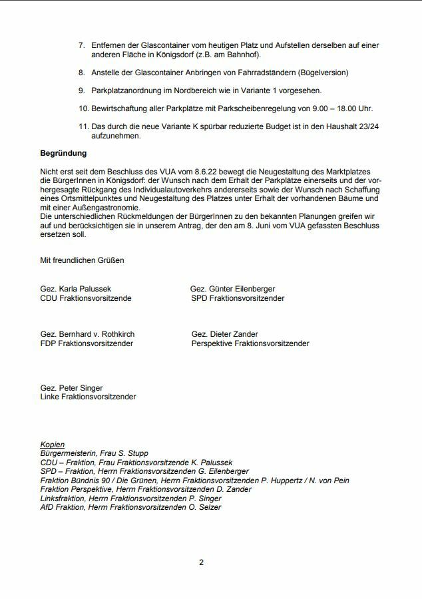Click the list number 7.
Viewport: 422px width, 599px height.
(x=81, y=45)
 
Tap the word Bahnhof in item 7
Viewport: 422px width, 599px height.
(x=242, y=55)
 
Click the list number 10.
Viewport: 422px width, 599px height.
(x=83, y=108)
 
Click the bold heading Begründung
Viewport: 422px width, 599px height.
(x=64, y=153)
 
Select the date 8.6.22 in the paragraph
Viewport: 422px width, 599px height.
(x=184, y=172)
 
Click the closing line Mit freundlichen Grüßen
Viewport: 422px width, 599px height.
(x=82, y=260)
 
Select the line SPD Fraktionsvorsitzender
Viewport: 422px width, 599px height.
(x=238, y=298)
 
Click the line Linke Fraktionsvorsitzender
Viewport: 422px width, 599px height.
(x=88, y=397)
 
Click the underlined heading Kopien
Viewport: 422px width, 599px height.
(x=53, y=444)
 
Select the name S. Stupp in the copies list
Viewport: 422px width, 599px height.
(x=133, y=453)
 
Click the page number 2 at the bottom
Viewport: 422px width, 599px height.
(x=202, y=562)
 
